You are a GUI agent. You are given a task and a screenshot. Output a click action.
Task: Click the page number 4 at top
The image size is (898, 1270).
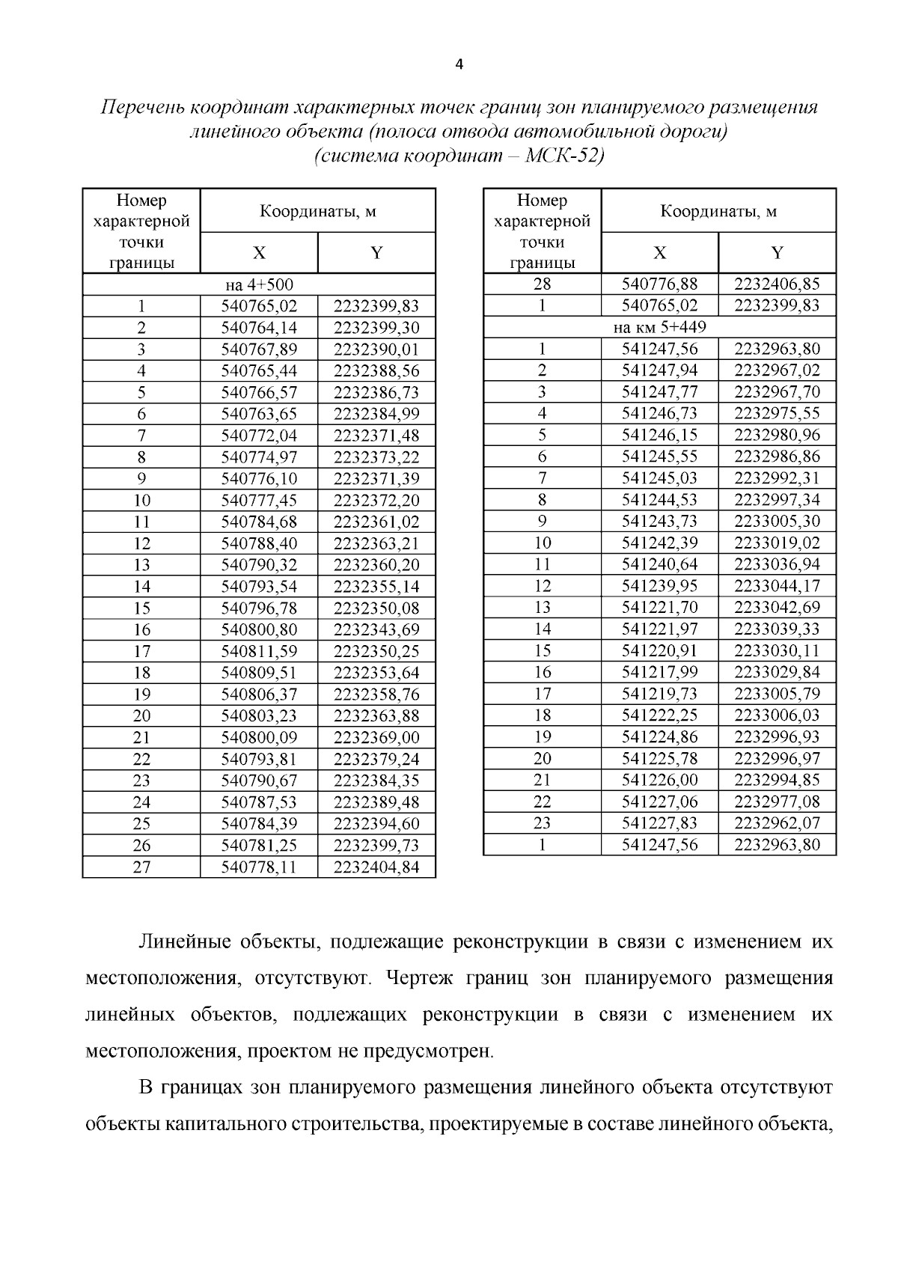[459, 65]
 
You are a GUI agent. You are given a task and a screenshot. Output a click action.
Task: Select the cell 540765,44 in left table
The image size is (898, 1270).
[259, 370]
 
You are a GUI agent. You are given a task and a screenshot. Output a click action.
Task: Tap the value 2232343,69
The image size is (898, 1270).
[376, 629]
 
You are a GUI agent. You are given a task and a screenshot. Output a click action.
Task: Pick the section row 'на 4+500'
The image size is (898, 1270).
[259, 284]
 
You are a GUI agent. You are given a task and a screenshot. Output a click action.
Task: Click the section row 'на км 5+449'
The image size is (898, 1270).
[659, 327]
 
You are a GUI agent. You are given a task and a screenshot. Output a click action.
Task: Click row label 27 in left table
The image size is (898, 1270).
[141, 867]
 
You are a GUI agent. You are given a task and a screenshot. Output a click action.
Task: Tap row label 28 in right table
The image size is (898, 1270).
[542, 284]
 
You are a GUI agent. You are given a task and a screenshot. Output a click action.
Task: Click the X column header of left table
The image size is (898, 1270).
[259, 253]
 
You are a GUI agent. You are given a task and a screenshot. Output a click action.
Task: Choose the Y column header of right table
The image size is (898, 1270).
[777, 253]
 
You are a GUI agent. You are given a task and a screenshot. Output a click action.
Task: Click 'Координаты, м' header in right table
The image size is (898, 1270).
[718, 212]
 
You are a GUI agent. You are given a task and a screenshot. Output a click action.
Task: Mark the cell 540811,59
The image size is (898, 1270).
[259, 651]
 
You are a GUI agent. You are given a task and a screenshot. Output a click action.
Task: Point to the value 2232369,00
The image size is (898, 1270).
[376, 738]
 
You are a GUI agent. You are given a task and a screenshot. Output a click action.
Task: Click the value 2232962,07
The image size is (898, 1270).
[777, 823]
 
